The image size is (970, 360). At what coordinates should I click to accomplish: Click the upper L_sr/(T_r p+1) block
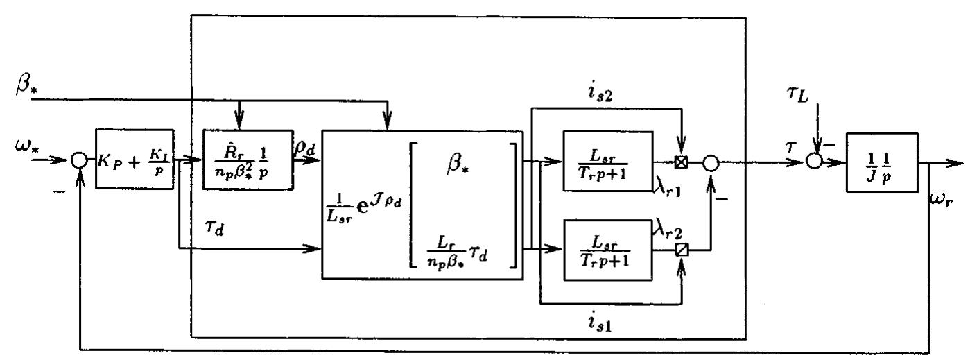click(x=608, y=159)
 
